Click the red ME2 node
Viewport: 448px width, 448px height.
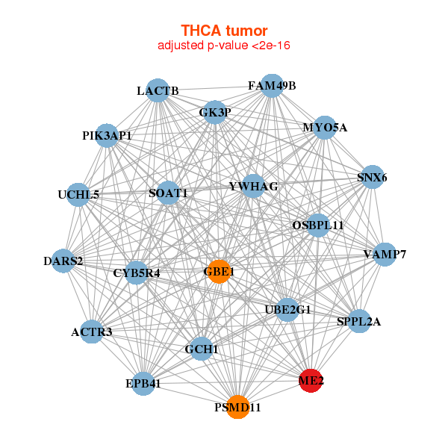click(311, 381)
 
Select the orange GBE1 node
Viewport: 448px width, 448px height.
click(217, 272)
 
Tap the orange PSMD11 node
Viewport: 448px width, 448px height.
click(237, 407)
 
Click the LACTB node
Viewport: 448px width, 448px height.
click(158, 91)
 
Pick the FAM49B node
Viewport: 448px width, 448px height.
click(272, 86)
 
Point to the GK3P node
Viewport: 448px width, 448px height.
click(215, 113)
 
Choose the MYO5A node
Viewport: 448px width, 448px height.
click(324, 128)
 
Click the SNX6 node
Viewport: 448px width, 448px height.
click(372, 178)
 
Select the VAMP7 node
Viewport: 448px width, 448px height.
click(385, 255)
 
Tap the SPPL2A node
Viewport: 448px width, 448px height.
click(359, 322)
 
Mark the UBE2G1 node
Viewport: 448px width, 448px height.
click(287, 309)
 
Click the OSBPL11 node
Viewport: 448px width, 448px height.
click(318, 225)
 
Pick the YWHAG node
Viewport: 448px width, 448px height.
click(253, 186)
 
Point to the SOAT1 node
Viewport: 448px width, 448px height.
click(168, 193)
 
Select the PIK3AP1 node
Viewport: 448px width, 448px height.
click(108, 136)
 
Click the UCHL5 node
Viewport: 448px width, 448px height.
click(78, 195)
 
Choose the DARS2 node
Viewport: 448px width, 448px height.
click(63, 261)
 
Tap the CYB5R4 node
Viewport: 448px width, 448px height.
click(137, 273)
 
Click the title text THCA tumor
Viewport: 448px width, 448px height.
click(224, 31)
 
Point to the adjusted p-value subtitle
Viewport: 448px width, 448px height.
click(224, 46)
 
